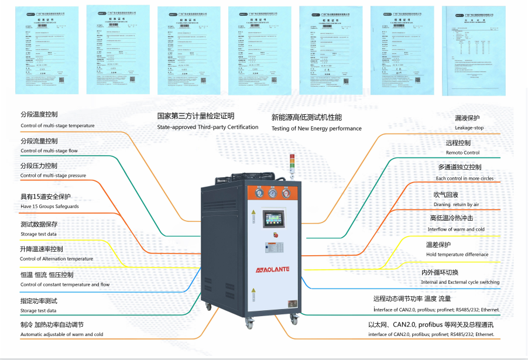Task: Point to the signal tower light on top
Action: (293, 164)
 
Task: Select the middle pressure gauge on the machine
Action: (272, 193)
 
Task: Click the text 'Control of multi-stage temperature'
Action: (57, 126)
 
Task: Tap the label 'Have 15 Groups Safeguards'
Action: (50, 207)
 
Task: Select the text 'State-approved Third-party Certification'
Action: (208, 127)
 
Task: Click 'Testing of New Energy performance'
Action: (317, 129)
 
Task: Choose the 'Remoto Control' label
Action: (462, 153)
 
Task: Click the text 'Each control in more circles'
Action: (465, 178)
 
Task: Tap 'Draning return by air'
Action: (456, 204)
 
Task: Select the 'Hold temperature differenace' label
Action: (457, 255)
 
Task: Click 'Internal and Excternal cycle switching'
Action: (460, 282)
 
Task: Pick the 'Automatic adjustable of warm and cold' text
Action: (61, 334)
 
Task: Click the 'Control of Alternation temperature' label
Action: (56, 259)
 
